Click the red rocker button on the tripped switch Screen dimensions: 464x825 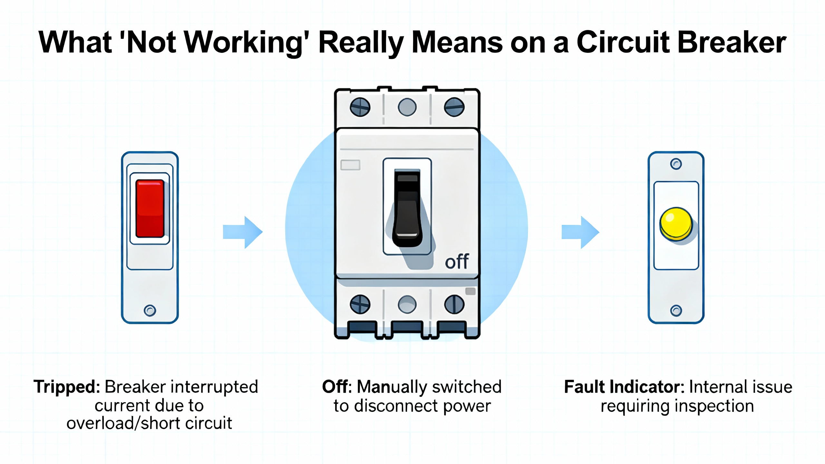pyautogui.click(x=150, y=208)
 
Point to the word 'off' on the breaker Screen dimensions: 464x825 pyautogui.click(x=457, y=262)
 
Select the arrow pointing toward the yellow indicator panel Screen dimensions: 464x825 pyautogui.click(x=580, y=232)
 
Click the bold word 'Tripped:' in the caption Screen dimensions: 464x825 pyautogui.click(x=67, y=387)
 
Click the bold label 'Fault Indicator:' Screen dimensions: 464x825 pyautogui.click(x=624, y=387)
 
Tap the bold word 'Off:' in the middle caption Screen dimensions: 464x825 pyautogui.click(x=336, y=387)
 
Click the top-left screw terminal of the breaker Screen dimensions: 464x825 pyautogui.click(x=360, y=107)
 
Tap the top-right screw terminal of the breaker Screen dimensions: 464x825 pyautogui.click(x=454, y=107)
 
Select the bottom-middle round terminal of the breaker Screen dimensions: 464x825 pyautogui.click(x=407, y=304)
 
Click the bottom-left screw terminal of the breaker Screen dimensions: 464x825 pyautogui.click(x=360, y=304)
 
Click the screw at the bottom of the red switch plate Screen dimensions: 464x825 pyautogui.click(x=150, y=311)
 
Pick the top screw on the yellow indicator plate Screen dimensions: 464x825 pyautogui.click(x=676, y=164)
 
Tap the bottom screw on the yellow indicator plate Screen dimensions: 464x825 pyautogui.click(x=676, y=311)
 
